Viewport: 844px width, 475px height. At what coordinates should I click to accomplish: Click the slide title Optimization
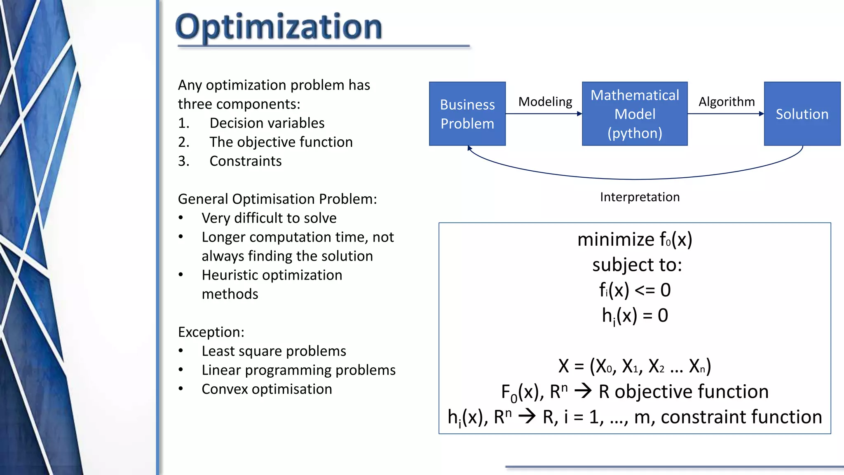[x=279, y=27]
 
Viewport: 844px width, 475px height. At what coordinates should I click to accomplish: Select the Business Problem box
[x=467, y=114]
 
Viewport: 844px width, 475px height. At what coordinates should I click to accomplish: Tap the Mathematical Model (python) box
[x=634, y=114]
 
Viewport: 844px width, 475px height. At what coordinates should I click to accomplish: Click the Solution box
[x=802, y=114]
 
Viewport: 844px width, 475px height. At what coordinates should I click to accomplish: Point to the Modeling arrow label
[x=545, y=101]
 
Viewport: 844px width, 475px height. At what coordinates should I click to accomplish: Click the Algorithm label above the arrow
[x=726, y=101]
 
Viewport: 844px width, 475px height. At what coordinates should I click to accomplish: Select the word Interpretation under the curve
[x=640, y=197]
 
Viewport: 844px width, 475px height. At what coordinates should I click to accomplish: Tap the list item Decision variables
[x=267, y=123]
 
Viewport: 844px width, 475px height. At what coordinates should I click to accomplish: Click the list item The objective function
[x=281, y=142]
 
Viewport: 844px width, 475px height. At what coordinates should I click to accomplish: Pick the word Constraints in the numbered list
[x=245, y=161]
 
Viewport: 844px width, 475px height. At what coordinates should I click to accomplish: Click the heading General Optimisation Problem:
[x=277, y=199]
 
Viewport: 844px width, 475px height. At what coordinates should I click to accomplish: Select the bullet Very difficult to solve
[x=269, y=218]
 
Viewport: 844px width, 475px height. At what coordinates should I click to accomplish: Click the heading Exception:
[x=211, y=332]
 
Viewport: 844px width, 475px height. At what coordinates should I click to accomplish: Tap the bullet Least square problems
[x=274, y=351]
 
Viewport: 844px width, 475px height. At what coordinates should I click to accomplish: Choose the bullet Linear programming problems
[x=298, y=370]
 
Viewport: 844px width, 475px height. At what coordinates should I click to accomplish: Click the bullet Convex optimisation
[x=267, y=389]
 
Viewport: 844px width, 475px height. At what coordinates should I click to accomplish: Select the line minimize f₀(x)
[x=634, y=240]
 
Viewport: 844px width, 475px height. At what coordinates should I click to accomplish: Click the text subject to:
[x=637, y=265]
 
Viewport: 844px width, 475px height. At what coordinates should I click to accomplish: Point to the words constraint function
[x=741, y=417]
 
